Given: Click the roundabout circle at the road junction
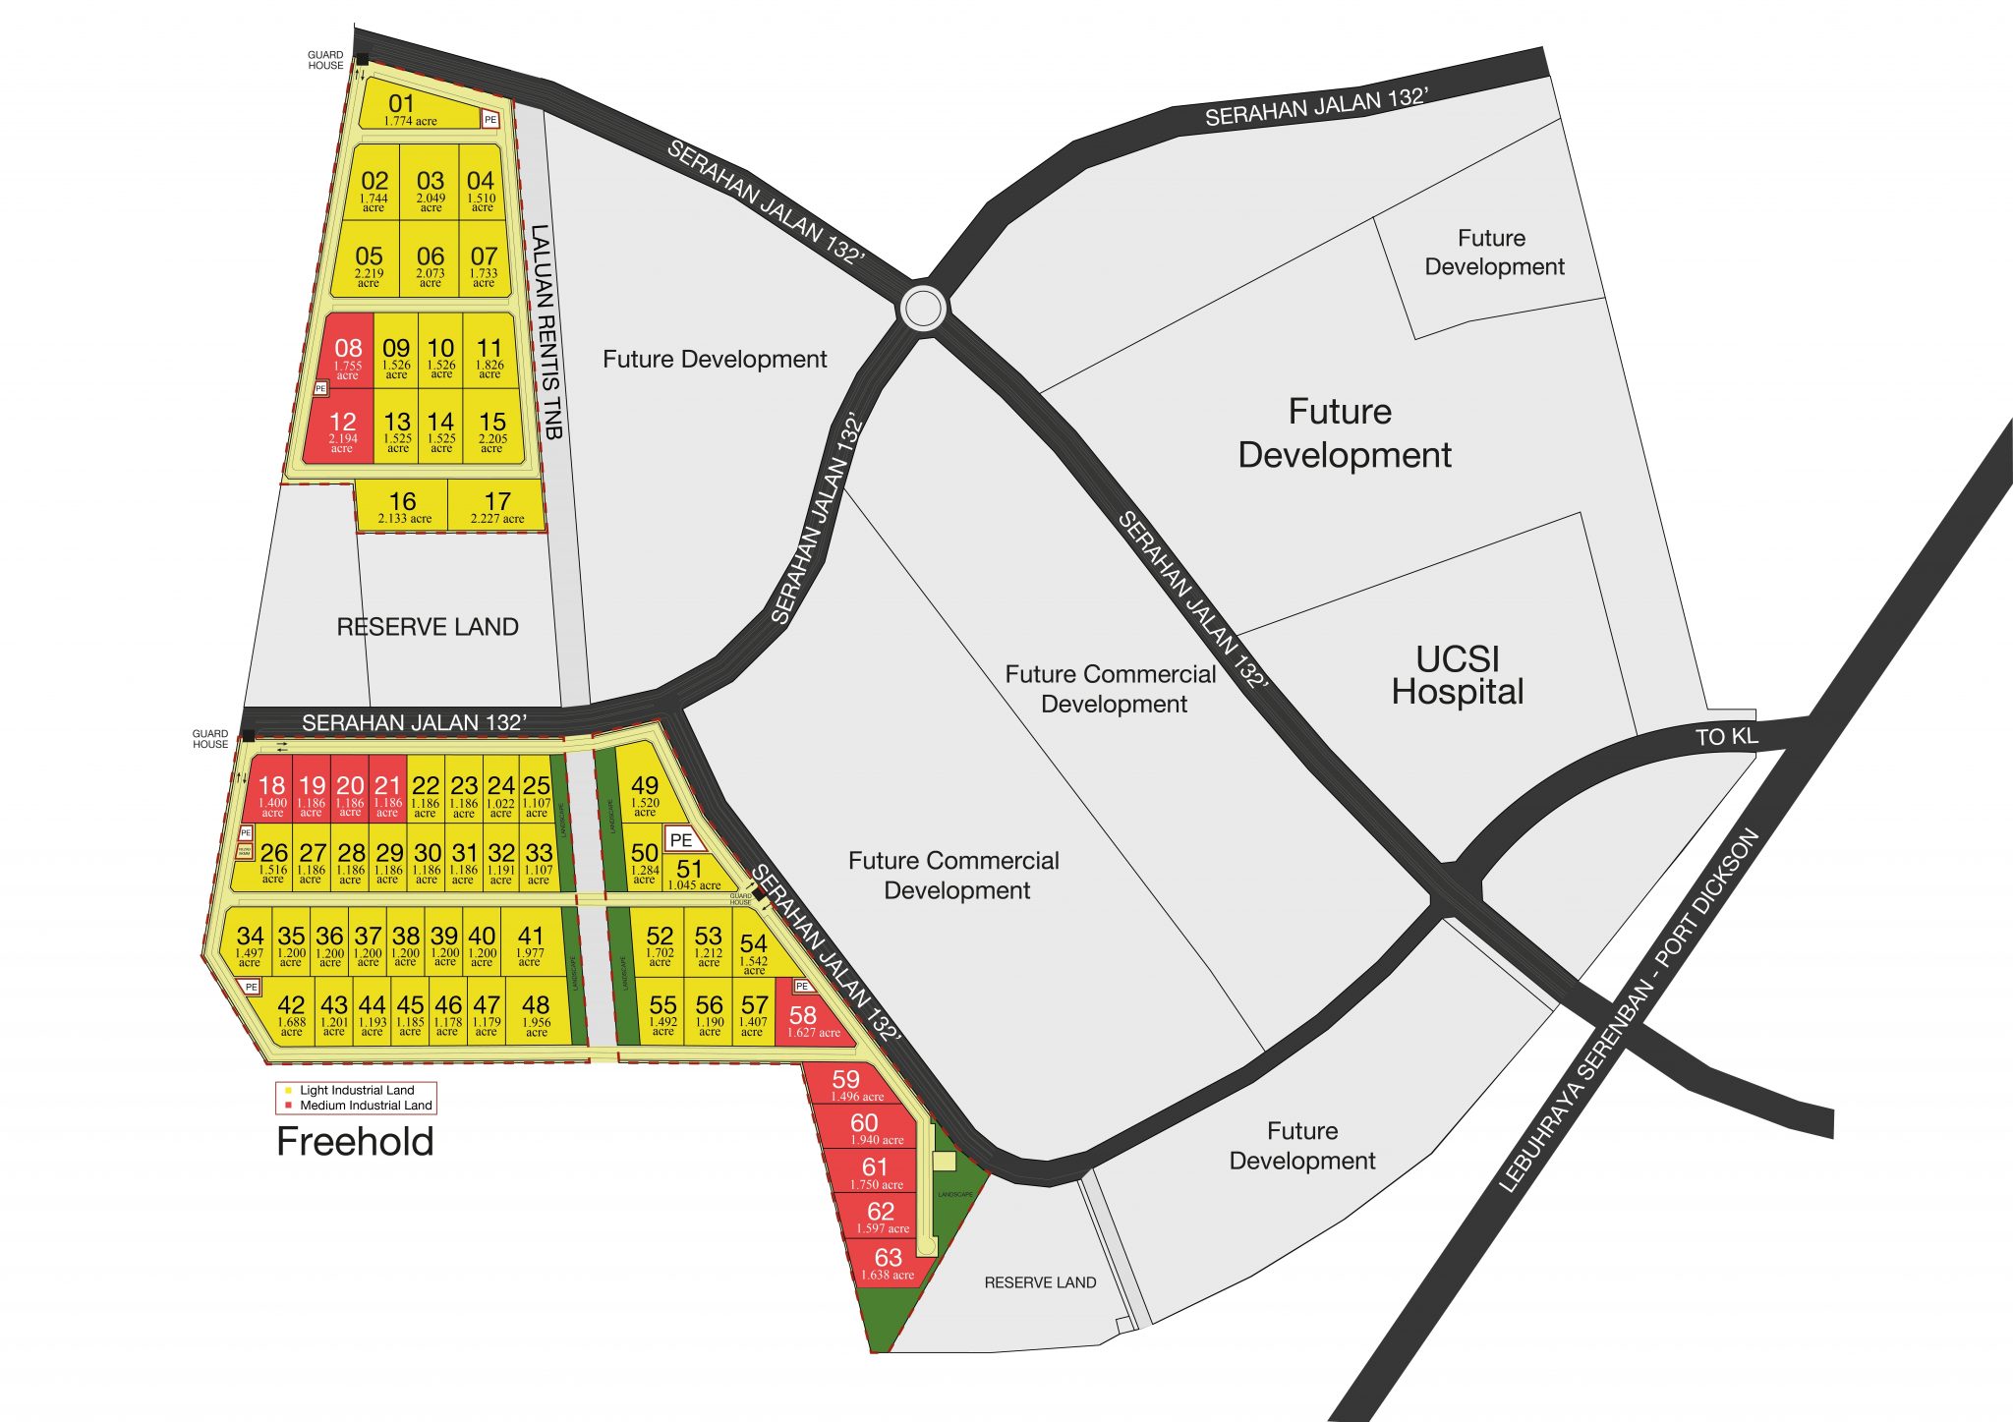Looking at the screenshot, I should coord(923,309).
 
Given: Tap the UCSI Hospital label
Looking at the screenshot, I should coord(1458,675).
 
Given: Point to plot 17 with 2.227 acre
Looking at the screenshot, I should coord(497,506).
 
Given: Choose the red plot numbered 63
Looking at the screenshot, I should coord(888,1262).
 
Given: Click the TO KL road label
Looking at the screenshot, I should coord(1726,737).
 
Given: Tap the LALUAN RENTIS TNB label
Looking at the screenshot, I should coord(546,332).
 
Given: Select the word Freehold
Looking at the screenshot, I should coord(355,1142).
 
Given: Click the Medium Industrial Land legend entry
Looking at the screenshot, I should coord(365,1106).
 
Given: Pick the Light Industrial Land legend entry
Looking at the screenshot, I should coord(356,1090).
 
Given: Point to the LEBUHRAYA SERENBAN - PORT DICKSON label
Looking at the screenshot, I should coord(1629,1011).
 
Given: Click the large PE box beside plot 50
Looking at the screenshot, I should coord(681,840).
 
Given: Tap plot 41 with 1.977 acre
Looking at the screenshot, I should coord(530,943).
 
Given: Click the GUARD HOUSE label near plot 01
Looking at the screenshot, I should coord(325,61).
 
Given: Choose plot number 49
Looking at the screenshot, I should coord(645,791).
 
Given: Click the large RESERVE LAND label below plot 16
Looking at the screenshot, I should coord(428,627).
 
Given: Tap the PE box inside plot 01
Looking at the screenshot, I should coord(490,120).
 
